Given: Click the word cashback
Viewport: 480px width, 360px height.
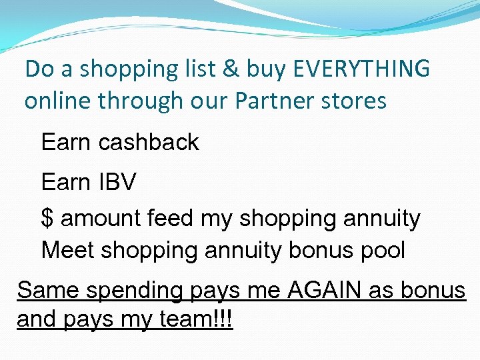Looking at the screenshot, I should [x=148, y=142].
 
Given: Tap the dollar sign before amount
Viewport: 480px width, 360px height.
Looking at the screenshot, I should [x=47, y=218].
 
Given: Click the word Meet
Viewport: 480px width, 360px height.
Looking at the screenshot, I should [x=65, y=250].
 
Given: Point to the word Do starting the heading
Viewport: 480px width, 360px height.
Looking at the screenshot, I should [x=37, y=68].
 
